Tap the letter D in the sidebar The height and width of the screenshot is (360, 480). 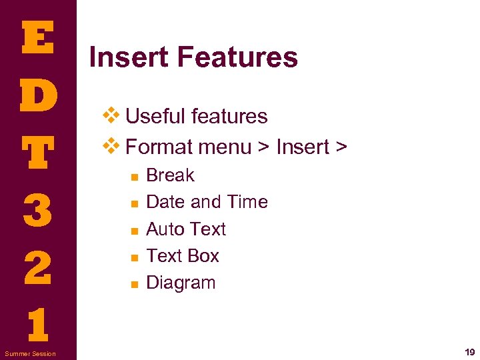pyautogui.click(x=37, y=96)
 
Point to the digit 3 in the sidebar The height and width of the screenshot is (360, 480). pyautogui.click(x=37, y=210)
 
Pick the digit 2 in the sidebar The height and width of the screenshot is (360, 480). pyautogui.click(x=37, y=267)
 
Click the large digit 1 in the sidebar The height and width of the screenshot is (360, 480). pyautogui.click(x=37, y=325)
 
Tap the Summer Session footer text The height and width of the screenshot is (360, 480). pyautogui.click(x=30, y=353)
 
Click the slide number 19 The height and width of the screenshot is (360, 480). pyautogui.click(x=469, y=353)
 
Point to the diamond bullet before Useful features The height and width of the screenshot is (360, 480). pyautogui.click(x=111, y=115)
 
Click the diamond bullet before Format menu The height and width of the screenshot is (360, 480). pyautogui.click(x=111, y=145)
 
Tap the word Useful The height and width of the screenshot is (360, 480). pyautogui.click(x=155, y=117)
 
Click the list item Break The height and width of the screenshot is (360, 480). pyautogui.click(x=170, y=175)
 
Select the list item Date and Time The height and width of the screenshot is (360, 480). pyautogui.click(x=207, y=202)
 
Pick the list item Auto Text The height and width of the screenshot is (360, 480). pyautogui.click(x=186, y=229)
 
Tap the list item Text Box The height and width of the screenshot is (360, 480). pyautogui.click(x=182, y=256)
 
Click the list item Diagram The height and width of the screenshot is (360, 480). pyautogui.click(x=181, y=283)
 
